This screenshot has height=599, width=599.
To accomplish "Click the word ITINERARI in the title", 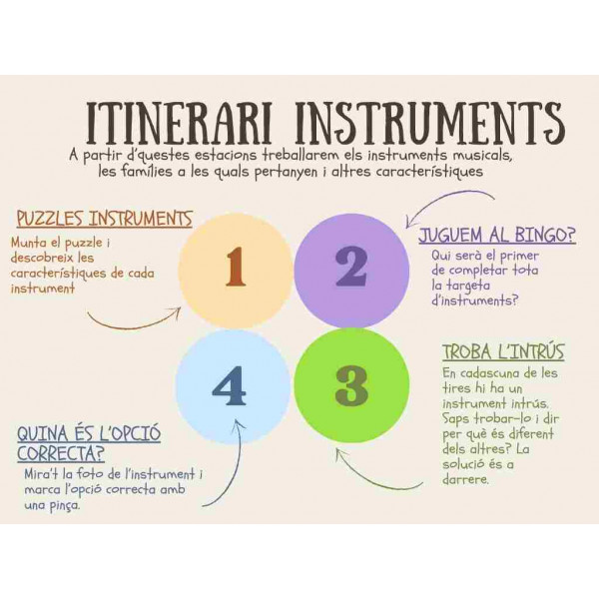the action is coord(179,123).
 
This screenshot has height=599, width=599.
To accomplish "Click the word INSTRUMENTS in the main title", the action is coord(430,123).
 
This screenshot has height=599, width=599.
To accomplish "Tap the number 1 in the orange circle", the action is coord(236,267).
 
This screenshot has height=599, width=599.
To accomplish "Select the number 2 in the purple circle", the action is coord(351,267).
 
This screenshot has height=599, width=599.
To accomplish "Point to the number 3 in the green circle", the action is coord(351,385).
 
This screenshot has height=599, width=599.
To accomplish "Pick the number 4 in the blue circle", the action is coord(229,385).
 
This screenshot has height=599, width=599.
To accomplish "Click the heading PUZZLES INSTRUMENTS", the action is coord(104,219).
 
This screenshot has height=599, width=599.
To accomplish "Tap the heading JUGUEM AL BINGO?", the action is coord(497,235).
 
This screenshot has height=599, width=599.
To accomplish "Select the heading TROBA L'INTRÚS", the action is coord(503,351).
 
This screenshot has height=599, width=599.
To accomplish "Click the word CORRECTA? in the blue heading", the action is coord(61,453).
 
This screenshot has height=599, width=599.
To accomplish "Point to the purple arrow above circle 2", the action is coord(443,201).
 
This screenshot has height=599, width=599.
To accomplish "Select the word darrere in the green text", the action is coord(465,479).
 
